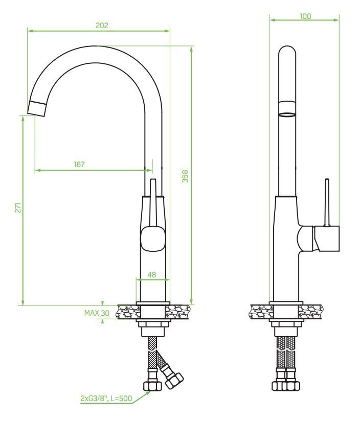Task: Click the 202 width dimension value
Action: tap(102, 26)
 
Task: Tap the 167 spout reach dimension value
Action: tap(79, 165)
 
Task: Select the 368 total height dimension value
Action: tap(185, 176)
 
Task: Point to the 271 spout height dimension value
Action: tap(18, 207)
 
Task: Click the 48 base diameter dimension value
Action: tap(152, 275)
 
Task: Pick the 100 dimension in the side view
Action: tap(305, 16)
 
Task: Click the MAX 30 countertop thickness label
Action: tap(97, 313)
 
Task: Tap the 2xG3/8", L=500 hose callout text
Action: tap(106, 398)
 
